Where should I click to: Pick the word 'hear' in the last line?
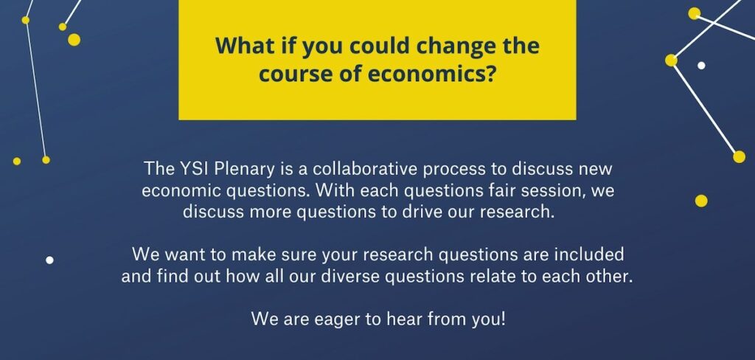pyautogui.click(x=404, y=319)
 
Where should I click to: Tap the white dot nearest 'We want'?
pyautogui.click(x=49, y=260)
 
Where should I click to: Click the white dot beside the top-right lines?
pyautogui.click(x=701, y=65)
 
